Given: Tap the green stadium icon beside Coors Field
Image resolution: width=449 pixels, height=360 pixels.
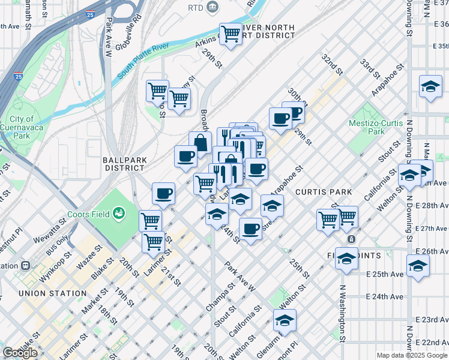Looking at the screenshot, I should (119, 213).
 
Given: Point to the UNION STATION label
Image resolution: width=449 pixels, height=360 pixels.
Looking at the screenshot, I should (52, 293).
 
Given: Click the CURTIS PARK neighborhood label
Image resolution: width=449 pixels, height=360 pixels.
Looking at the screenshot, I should (318, 191).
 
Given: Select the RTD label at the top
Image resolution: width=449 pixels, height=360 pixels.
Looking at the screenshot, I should (195, 7).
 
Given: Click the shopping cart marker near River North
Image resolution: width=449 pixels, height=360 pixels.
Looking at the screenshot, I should (231, 33).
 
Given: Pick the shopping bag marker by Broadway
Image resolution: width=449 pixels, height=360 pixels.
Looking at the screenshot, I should (200, 143).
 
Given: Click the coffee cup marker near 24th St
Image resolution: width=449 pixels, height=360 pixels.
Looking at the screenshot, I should (250, 229).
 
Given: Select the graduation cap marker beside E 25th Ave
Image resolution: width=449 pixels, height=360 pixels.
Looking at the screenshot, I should (418, 265).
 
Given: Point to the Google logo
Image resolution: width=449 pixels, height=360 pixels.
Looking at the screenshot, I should (20, 353).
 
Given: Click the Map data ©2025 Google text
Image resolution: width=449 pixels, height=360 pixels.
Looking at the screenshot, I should (412, 355).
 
